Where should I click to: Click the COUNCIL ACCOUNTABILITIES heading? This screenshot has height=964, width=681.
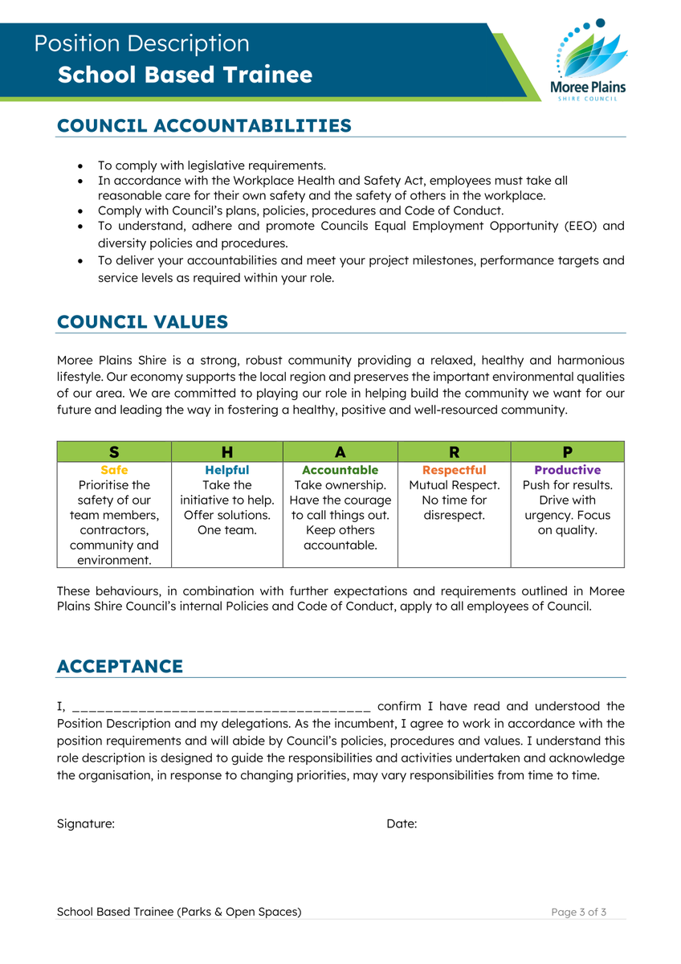[x=204, y=126]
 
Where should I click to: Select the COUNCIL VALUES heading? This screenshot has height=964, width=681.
[x=142, y=322]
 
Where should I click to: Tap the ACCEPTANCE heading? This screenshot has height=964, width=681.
[x=120, y=667]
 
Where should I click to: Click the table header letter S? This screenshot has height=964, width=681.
[x=114, y=452]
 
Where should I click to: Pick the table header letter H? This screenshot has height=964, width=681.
[x=227, y=452]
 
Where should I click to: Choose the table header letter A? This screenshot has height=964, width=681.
[x=340, y=452]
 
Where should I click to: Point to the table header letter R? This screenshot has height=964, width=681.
[x=454, y=452]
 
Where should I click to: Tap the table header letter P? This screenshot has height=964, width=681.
[x=568, y=452]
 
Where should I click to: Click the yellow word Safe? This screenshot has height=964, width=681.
[x=114, y=470]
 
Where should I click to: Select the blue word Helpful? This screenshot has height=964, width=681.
[x=227, y=470]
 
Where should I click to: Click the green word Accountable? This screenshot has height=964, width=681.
[x=340, y=470]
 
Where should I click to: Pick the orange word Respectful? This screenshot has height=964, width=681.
[x=454, y=470]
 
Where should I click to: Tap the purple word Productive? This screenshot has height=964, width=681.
[x=568, y=470]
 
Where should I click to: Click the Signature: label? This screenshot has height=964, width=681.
[x=86, y=824]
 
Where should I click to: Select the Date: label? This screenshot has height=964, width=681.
[x=402, y=824]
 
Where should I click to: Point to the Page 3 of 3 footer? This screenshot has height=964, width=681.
[x=578, y=912]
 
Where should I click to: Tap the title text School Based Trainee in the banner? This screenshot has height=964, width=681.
[x=185, y=76]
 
